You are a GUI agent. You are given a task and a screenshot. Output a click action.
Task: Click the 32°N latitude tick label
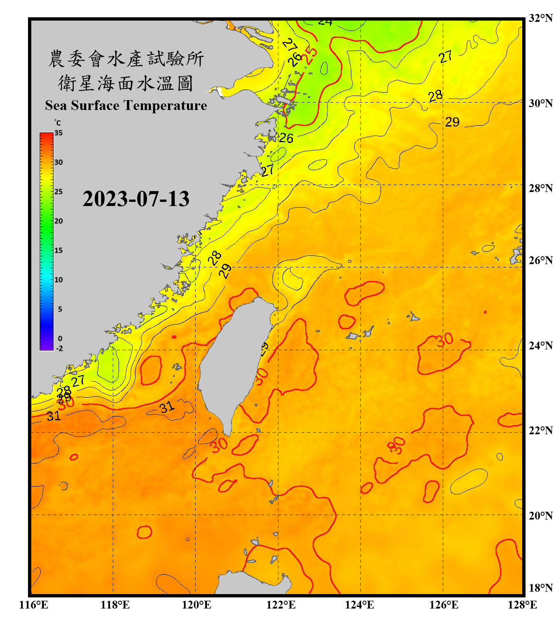(540, 18)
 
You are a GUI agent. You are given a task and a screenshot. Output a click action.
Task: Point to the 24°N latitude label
(540, 345)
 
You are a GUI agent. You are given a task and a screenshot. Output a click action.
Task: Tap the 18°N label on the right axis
(540, 588)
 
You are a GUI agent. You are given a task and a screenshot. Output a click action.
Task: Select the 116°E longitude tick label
(34, 605)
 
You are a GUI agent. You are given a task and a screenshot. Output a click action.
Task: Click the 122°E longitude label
(281, 605)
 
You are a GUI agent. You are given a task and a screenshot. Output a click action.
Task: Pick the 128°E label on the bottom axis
(522, 605)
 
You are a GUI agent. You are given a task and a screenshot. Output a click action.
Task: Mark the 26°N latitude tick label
(540, 260)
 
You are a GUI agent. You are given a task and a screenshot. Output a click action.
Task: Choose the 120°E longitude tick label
(196, 605)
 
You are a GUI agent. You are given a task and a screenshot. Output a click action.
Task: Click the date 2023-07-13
(136, 199)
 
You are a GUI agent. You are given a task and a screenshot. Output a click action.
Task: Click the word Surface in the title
(95, 105)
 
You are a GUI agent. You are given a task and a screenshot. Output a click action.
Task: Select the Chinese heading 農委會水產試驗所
(126, 59)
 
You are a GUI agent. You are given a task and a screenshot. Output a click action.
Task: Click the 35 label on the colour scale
(58, 133)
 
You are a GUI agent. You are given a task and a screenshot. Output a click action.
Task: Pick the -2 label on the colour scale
(59, 348)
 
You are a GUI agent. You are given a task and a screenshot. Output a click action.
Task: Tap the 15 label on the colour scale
(58, 250)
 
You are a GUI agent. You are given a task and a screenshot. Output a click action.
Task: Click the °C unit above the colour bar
(57, 123)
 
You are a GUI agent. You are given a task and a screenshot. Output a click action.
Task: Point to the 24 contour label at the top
(325, 22)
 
